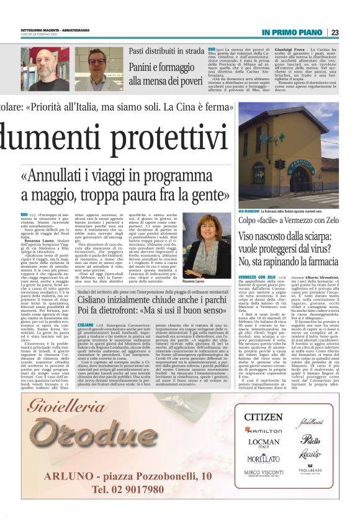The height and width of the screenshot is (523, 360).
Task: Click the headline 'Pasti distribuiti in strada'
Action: [x=166, y=52]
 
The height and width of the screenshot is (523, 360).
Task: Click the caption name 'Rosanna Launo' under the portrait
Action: [x=199, y=264]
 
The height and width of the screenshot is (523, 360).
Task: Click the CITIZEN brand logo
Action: [x=263, y=416]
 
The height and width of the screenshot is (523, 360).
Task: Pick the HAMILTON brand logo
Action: [x=263, y=430]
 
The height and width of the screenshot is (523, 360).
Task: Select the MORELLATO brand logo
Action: [x=263, y=458]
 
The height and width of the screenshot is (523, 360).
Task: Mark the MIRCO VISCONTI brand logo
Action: [x=263, y=473]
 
